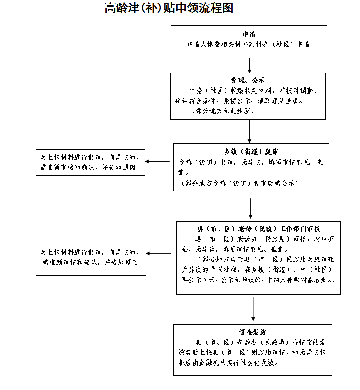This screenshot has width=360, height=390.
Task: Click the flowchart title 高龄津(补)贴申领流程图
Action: tap(169, 8)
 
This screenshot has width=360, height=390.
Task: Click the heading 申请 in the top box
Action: tap(249, 34)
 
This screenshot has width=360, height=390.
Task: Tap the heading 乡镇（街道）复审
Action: tap(251, 152)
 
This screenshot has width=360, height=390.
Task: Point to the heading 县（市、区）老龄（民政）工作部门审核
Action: tap(258, 229)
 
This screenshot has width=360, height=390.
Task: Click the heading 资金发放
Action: tap(253, 332)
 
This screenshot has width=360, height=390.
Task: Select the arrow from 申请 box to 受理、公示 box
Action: tap(249, 65)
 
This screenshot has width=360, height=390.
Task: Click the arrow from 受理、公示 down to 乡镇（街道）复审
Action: tap(249, 131)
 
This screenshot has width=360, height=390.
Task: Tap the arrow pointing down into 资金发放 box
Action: tap(253, 309)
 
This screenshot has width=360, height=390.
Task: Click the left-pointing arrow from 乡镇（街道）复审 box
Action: tap(159, 162)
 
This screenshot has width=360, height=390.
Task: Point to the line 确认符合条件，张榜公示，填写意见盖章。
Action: tap(239, 101)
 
